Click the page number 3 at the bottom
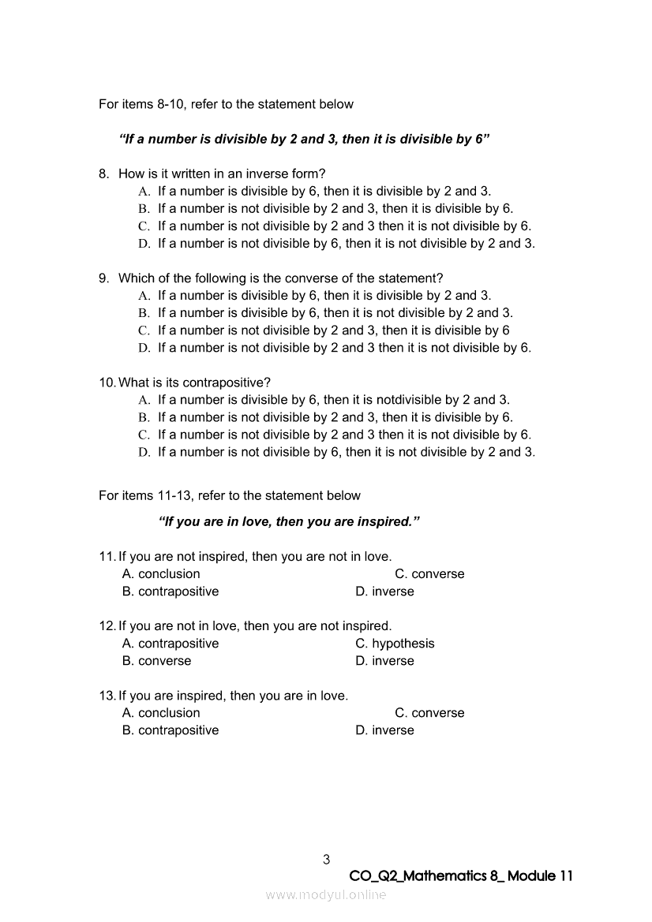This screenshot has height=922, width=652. pos(326,860)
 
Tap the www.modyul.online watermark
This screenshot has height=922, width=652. pos(326,894)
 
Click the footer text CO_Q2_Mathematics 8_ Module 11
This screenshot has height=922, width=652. pos(460,876)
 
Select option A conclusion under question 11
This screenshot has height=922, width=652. pos(161,574)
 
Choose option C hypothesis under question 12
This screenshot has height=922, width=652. pos(395,644)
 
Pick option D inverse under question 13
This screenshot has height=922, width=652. pos(384,730)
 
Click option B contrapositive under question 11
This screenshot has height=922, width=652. pos(170,592)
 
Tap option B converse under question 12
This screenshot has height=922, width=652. pos(156,661)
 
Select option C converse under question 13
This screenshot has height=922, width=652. pos(429,713)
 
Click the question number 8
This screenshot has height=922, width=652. pos(103,174)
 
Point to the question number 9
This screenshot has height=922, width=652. pos(103,278)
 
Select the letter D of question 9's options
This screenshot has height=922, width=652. pos(144,348)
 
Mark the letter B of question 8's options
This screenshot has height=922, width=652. pos(144,209)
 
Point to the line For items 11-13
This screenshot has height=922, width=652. pos(229,495)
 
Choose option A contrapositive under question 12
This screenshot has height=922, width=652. pos(170,644)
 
